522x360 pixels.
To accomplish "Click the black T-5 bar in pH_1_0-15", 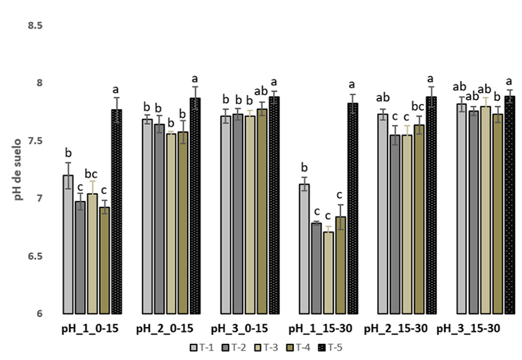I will tap(116, 211).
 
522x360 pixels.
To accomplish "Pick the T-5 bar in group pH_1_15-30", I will tap(352, 208).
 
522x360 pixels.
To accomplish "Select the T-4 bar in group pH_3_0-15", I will tap(262, 211).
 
